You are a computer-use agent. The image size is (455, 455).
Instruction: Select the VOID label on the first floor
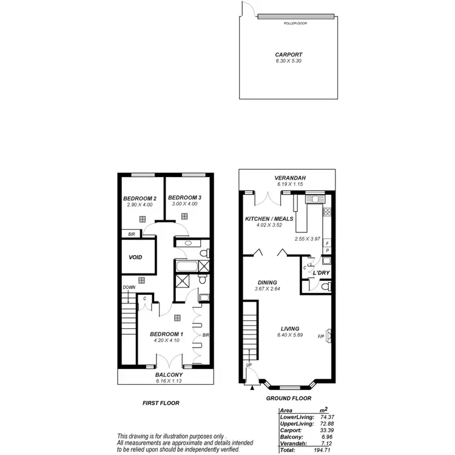coord(135,257)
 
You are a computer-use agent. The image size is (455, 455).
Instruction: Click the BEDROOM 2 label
coord(140,198)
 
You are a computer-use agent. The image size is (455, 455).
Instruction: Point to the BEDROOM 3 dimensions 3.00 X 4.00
coord(184,204)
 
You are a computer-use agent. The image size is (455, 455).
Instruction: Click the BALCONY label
coord(165,375)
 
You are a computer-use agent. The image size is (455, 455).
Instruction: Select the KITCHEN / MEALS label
coord(266,218)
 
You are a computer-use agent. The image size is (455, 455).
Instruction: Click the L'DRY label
coord(320,274)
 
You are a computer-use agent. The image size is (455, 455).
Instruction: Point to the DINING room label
coord(267,283)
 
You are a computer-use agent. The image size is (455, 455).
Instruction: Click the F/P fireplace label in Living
coord(321,336)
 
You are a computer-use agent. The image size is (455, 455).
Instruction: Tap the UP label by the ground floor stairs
coord(249,365)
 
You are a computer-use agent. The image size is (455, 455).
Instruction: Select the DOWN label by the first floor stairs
coord(129,288)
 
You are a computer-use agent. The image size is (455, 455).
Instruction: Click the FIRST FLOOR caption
coord(160,403)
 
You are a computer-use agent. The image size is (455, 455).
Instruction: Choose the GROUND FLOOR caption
coord(289,399)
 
